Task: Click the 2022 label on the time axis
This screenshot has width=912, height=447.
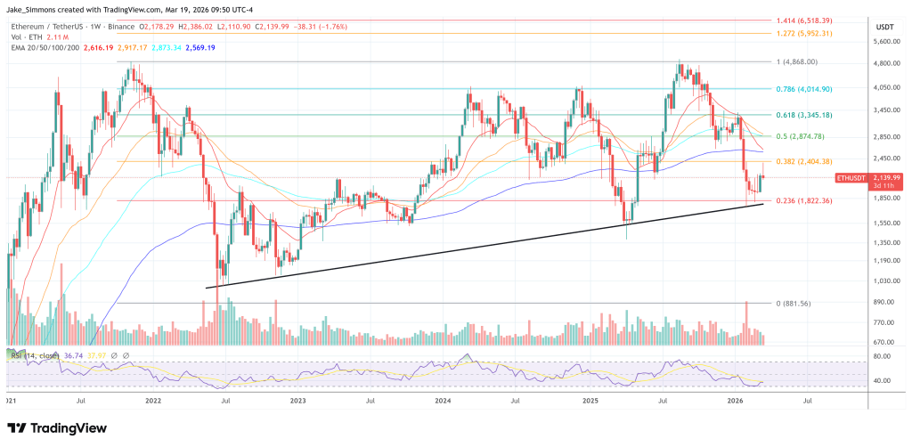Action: click(152, 402)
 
